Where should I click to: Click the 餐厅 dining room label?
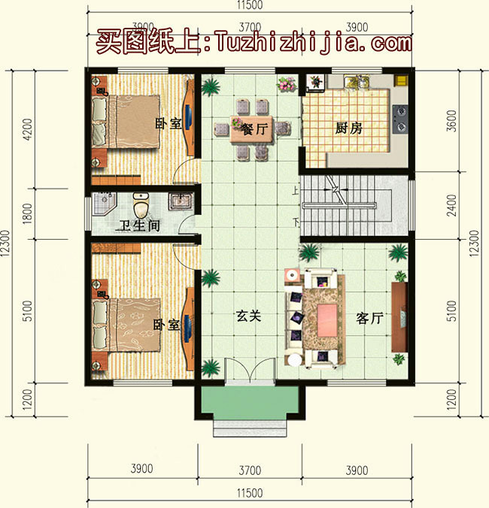coord(253,129)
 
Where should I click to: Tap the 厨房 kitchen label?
coord(348,128)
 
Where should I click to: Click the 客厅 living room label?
coord(369,318)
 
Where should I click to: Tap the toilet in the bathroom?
coord(139,204)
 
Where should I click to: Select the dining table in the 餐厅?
coord(252,129)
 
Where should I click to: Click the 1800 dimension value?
coord(28,213)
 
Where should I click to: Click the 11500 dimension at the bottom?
coord(249,493)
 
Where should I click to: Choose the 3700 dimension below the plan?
coord(249,470)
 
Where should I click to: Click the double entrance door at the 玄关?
coord(249,372)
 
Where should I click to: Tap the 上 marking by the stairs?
coord(296,190)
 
